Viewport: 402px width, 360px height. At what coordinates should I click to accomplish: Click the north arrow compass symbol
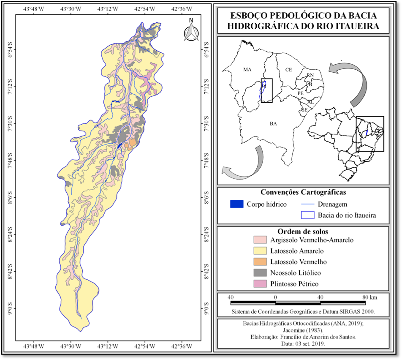(x=191, y=31)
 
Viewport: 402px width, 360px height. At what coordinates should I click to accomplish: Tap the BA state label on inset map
(x=273, y=123)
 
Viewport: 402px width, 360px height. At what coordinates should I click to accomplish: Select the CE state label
(x=288, y=69)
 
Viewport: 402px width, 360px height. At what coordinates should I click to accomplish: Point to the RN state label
(x=310, y=75)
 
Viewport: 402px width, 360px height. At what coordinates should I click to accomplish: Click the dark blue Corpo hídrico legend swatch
(x=237, y=205)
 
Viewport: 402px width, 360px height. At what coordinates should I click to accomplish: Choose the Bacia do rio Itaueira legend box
(x=308, y=215)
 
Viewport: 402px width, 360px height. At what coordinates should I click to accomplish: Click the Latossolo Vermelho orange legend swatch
(x=260, y=262)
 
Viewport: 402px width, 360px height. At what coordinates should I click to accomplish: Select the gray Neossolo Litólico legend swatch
(x=260, y=273)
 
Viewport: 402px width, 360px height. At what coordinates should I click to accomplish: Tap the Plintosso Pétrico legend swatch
(x=260, y=284)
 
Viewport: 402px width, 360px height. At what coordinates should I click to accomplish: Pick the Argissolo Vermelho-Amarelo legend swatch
(x=260, y=240)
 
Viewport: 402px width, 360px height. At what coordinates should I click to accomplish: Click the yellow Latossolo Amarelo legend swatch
(x=260, y=251)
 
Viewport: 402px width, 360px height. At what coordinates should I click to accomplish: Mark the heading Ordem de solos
(x=302, y=231)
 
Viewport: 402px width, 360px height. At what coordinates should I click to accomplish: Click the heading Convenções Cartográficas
(x=302, y=192)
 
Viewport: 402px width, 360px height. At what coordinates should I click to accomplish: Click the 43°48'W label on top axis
(x=34, y=8)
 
